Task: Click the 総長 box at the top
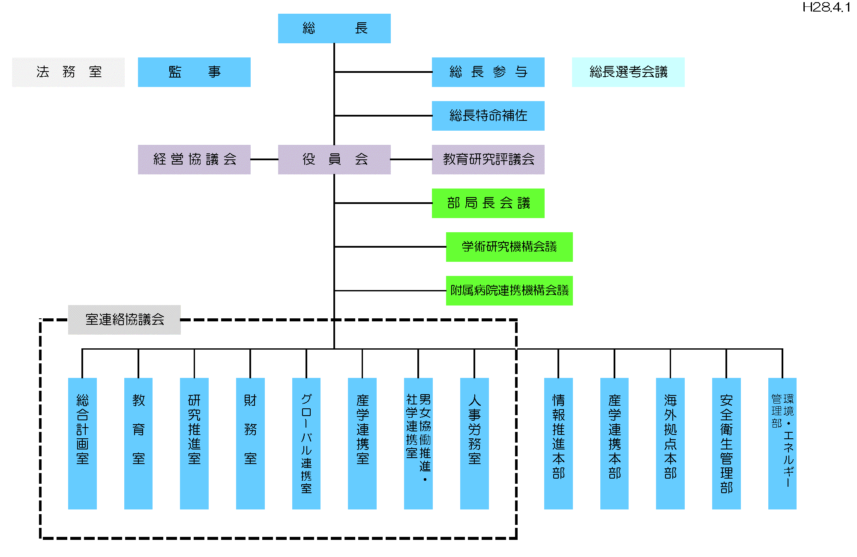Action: pos(334,28)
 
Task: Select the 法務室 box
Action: pos(68,72)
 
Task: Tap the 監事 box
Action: pos(194,72)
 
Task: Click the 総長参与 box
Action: pos(488,72)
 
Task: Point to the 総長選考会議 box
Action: pos(628,72)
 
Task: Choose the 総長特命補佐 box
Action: pos(488,116)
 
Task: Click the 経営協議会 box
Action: pos(194,159)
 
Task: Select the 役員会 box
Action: pos(334,159)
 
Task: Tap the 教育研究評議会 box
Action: pos(488,159)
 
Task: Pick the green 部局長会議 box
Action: pos(488,203)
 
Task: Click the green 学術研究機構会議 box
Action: pos(509,247)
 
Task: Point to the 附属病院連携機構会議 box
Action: pos(509,290)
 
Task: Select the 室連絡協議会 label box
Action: pos(124,320)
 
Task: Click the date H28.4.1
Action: pos(826,7)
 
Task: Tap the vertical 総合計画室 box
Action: pos(82,443)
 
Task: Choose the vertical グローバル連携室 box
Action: pos(306,443)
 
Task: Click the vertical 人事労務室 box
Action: pos(474,443)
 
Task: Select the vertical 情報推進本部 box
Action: pos(558,443)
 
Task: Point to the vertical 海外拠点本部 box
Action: pos(670,443)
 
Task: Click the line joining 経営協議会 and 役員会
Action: pos(264,159)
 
